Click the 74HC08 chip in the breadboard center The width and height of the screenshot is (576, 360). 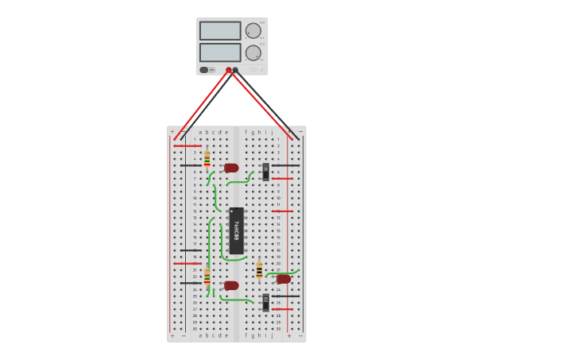click(x=236, y=230)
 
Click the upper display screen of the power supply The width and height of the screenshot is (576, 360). click(x=220, y=31)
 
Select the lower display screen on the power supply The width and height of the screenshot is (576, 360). click(x=220, y=52)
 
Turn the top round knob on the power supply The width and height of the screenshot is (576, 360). click(x=253, y=31)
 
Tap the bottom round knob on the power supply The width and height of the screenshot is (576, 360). click(x=253, y=53)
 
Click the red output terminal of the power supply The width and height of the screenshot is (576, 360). click(x=229, y=70)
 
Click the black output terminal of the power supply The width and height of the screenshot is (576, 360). click(x=235, y=70)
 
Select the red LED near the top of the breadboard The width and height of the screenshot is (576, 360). click(x=231, y=168)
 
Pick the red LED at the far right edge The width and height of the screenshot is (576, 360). click(x=284, y=279)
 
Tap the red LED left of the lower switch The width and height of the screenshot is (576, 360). click(x=231, y=285)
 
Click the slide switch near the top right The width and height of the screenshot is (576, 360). click(x=266, y=172)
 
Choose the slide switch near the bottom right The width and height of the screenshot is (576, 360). click(x=266, y=302)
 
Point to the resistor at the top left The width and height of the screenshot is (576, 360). click(x=207, y=159)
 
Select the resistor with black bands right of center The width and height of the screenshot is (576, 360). click(x=259, y=270)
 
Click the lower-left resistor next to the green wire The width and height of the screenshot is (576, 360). click(x=207, y=277)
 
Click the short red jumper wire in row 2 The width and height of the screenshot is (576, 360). click(x=187, y=145)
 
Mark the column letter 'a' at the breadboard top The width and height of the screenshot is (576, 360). click(x=200, y=132)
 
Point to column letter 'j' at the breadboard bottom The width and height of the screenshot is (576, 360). click(x=272, y=335)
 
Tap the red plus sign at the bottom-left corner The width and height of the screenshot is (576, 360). click(x=172, y=336)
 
